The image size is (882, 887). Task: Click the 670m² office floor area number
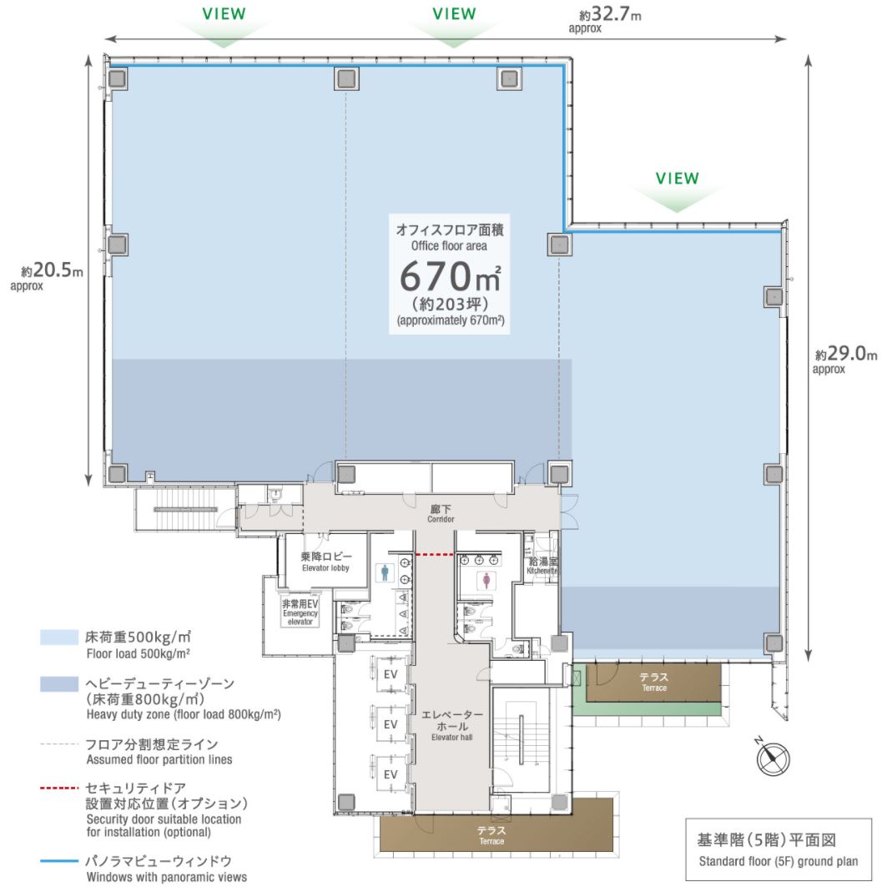pyautogui.click(x=449, y=276)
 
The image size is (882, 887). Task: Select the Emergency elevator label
pyautogui.click(x=300, y=611)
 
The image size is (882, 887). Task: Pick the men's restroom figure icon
pyautogui.click(x=385, y=573)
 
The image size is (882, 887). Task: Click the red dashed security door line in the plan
pyautogui.click(x=434, y=553)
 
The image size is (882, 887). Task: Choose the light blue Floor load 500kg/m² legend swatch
pyautogui.click(x=59, y=637)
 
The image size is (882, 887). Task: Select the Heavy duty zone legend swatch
pyautogui.click(x=59, y=684)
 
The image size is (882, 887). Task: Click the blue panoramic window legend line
pyautogui.click(x=59, y=860)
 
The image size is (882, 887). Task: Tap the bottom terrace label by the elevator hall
pyautogui.click(x=491, y=835)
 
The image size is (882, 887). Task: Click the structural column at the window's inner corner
pyautogui.click(x=558, y=244)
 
